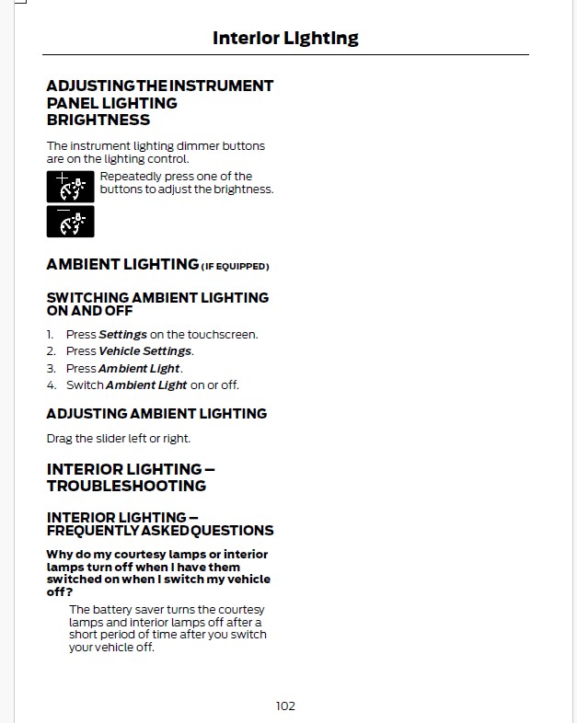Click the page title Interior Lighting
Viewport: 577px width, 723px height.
pos(285,38)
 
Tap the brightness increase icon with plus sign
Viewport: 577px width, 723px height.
pos(70,187)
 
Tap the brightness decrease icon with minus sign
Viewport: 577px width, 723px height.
pos(70,221)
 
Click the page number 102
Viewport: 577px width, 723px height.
pos(285,706)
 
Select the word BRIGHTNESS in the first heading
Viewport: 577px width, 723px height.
pos(98,120)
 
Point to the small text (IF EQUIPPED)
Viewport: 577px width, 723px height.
pos(235,267)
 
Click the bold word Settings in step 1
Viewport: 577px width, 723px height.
pos(122,335)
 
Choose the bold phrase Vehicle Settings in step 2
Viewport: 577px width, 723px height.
pos(144,351)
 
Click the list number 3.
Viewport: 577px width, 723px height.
pos(52,368)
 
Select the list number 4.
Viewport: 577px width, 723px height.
pos(52,384)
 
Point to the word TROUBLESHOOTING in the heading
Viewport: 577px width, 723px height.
pos(126,486)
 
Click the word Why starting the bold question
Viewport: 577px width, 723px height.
pos(60,554)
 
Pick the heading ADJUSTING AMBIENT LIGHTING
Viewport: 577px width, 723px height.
pos(156,414)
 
